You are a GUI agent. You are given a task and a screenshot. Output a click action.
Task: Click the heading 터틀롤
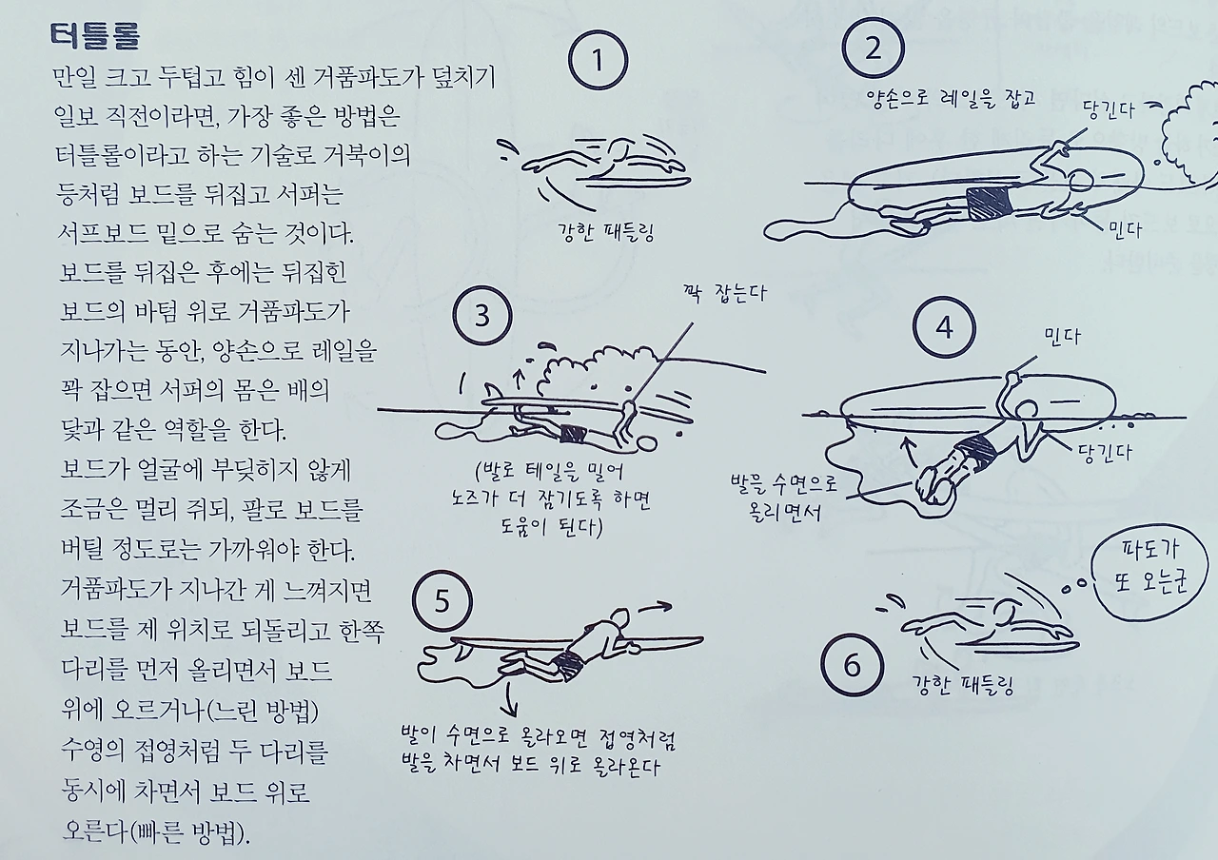95,36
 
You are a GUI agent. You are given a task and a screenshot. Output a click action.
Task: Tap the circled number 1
599,60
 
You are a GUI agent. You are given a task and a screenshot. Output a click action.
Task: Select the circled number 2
874,48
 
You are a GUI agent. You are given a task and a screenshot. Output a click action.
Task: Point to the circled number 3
482,316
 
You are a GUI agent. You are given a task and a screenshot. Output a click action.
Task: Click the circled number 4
944,328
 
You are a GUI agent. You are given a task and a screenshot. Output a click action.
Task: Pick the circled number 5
442,602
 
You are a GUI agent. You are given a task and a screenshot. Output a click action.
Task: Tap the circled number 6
852,665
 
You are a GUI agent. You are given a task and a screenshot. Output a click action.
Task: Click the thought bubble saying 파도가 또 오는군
1150,572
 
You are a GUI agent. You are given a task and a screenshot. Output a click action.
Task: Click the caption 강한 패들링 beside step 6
963,686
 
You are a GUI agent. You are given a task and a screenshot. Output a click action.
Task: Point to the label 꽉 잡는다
725,294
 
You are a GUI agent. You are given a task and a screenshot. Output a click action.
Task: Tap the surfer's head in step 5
619,618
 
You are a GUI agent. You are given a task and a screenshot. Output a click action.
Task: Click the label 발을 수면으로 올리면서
784,497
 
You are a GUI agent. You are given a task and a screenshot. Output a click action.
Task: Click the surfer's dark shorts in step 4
975,450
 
